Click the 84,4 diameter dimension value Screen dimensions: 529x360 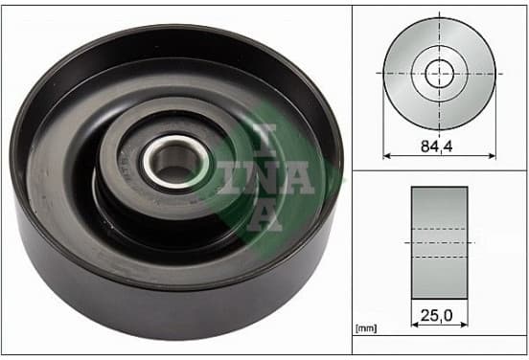[x=436, y=146]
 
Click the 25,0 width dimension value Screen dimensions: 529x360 [x=436, y=316]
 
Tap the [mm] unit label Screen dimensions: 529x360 [x=366, y=328]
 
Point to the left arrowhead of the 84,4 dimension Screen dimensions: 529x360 [x=387, y=156]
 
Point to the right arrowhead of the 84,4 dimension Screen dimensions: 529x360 [x=493, y=156]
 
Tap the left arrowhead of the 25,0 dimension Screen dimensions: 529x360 [x=415, y=325]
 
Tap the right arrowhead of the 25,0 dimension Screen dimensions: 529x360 [x=464, y=325]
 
